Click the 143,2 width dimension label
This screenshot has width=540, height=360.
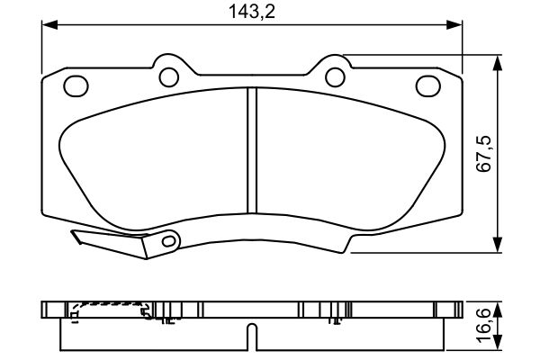252,12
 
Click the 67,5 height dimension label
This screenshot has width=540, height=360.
483,154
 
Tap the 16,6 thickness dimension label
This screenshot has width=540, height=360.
483,325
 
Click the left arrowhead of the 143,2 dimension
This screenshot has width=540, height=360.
49,25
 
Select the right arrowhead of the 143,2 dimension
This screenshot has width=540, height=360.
454,25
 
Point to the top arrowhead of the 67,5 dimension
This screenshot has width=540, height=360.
497,63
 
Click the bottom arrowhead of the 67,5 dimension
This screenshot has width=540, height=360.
497,245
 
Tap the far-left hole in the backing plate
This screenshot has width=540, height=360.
76,85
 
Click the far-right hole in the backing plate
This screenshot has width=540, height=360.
428,85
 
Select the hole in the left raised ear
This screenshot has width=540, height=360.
169,77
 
